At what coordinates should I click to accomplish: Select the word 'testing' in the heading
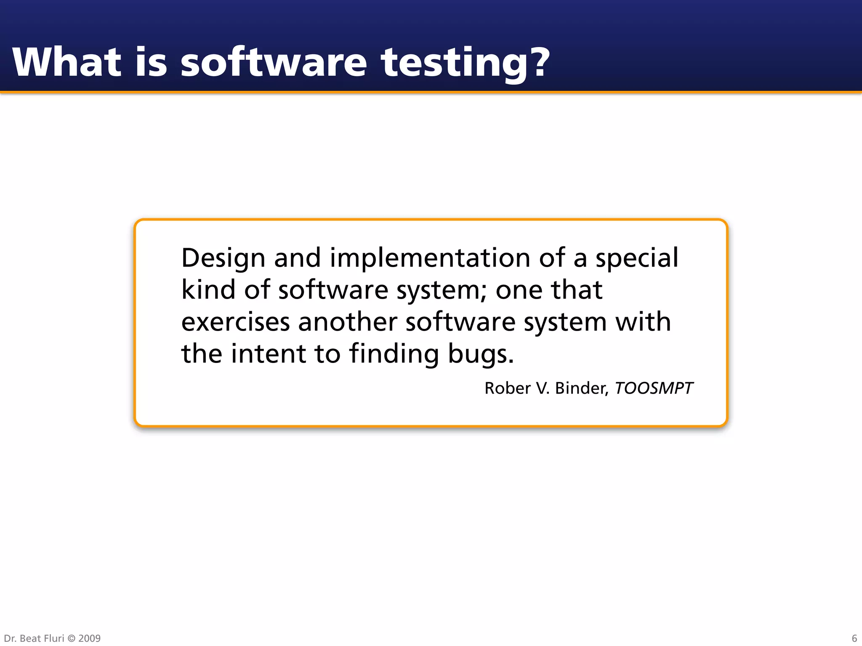click(453, 63)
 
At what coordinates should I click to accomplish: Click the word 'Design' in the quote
click(223, 258)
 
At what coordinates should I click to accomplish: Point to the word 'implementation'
click(430, 258)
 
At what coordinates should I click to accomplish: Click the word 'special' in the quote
click(636, 258)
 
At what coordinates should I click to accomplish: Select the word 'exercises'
click(235, 322)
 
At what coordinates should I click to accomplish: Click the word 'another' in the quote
click(347, 322)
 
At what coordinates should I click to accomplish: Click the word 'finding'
click(394, 354)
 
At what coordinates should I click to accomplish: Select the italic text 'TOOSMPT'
click(654, 388)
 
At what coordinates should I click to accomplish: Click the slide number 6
click(854, 638)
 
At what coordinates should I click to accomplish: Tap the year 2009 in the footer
click(89, 638)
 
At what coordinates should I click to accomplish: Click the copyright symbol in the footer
click(71, 638)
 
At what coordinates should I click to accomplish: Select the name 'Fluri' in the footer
click(54, 638)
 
